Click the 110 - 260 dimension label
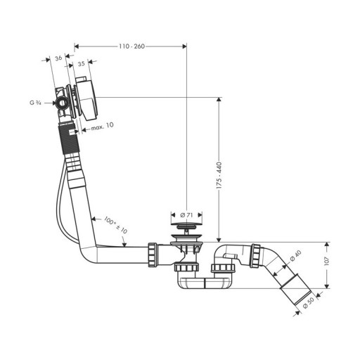[x=131, y=46]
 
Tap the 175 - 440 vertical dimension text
[x=219, y=175]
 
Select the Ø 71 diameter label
[x=186, y=214]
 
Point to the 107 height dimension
[x=327, y=261]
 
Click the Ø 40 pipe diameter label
[x=295, y=255]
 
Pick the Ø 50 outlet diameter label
[x=308, y=302]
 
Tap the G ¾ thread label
[x=35, y=103]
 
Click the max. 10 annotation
[x=102, y=127]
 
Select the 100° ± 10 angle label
[x=115, y=225]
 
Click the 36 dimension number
[x=58, y=58]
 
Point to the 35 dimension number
[x=81, y=63]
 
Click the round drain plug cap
[x=186, y=226]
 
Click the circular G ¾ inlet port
[x=63, y=103]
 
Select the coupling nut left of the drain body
[x=153, y=255]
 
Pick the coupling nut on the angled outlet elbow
[x=255, y=256]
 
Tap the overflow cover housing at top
[x=86, y=98]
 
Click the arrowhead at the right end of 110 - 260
[x=184, y=46]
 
